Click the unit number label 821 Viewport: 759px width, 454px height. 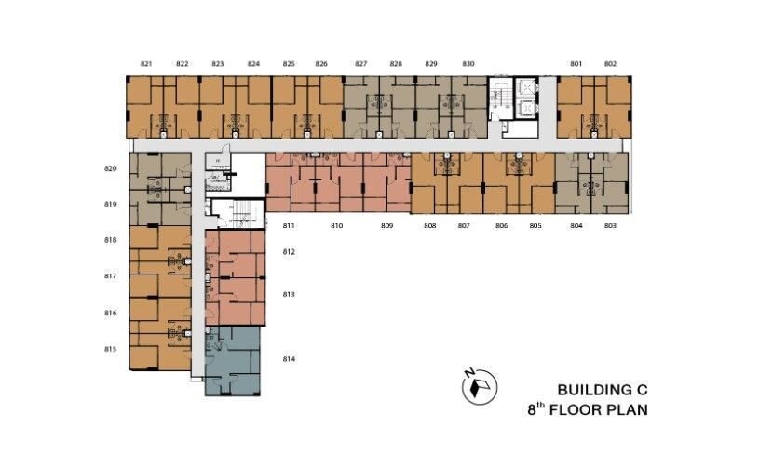(x=146, y=64)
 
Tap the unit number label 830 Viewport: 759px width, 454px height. (x=468, y=64)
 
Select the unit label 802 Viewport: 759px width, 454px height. (x=610, y=64)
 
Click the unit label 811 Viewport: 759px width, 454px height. (x=289, y=226)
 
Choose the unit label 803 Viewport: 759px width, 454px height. (x=610, y=226)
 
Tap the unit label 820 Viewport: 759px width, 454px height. (x=111, y=168)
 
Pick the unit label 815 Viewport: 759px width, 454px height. (x=111, y=349)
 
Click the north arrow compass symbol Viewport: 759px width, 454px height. (x=481, y=385)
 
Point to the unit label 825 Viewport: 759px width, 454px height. (x=289, y=64)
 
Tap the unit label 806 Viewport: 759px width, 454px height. (x=501, y=226)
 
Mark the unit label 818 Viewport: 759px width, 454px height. (x=111, y=240)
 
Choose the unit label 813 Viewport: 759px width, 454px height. (x=289, y=294)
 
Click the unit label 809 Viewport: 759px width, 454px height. (x=386, y=226)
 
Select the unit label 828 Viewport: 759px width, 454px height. (x=396, y=64)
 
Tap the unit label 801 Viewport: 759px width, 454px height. (x=576, y=64)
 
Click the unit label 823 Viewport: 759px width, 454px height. (x=217, y=64)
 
